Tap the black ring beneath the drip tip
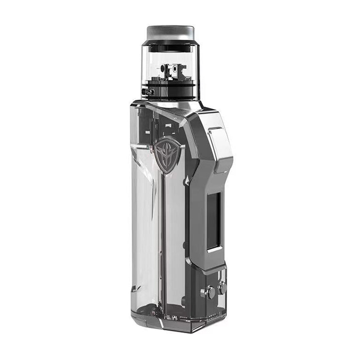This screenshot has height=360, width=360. tap(170, 42)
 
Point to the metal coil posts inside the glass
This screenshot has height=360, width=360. tap(171, 70)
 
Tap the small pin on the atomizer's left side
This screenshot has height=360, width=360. tap(147, 91)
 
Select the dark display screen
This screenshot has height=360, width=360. tap(213, 220)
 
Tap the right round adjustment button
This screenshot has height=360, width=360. tap(222, 288)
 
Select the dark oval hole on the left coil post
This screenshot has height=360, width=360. tap(164, 68)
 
